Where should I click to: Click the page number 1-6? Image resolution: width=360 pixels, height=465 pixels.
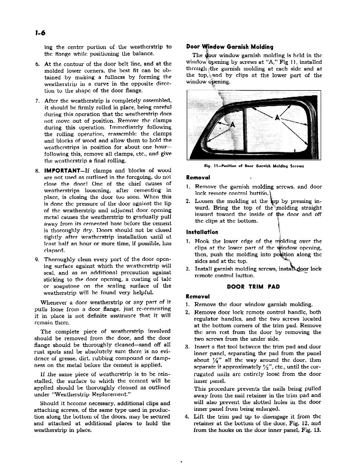click(38, 33)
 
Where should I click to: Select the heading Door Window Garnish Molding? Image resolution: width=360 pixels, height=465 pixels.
click(229, 47)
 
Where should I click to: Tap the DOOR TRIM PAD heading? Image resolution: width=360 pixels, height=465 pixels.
click(253, 286)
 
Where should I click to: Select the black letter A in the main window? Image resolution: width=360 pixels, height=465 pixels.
click(277, 118)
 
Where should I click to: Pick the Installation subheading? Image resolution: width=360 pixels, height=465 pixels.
click(202, 232)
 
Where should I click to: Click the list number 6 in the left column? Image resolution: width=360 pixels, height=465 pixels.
click(37, 64)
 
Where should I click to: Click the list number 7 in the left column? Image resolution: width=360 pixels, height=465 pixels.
click(37, 101)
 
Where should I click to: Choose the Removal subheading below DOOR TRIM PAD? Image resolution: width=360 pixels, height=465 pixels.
click(197, 296)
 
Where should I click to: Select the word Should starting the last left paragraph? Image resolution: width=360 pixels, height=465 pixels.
click(49, 403)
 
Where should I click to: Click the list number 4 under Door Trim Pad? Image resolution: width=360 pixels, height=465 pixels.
click(187, 416)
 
